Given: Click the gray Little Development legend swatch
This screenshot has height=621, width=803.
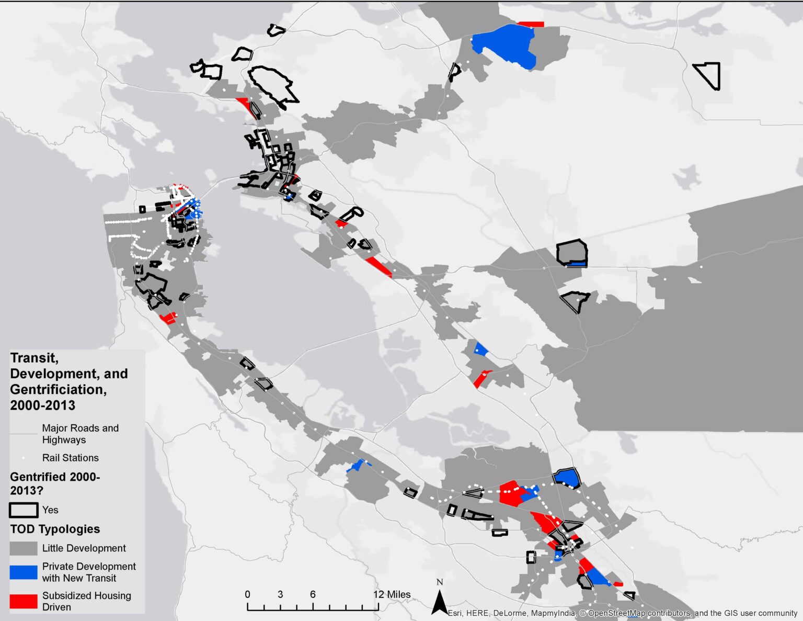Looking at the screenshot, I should click(x=24, y=548).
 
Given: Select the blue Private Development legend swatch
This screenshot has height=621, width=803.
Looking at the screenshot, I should click(x=24, y=572).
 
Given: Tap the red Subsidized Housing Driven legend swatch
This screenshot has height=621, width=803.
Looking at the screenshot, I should click(x=24, y=601).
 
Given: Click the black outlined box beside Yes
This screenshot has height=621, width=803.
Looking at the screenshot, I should click(x=24, y=510).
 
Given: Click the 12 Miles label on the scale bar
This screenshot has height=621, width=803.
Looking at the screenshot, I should click(x=392, y=594).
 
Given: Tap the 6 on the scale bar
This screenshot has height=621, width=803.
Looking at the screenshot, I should click(x=313, y=594).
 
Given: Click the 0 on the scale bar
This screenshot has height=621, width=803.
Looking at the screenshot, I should click(x=247, y=594).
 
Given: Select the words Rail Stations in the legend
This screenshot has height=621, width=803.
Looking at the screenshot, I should click(x=70, y=458).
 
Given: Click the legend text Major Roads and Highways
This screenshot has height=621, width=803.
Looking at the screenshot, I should click(x=80, y=434).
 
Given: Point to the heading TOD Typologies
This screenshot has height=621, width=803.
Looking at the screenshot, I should click(x=55, y=529).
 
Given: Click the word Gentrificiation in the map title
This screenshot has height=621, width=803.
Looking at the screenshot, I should click(x=58, y=389).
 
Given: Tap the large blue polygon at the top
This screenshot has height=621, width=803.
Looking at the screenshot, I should click(x=504, y=45).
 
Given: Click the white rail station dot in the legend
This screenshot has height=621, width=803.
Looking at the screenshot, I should click(x=24, y=458).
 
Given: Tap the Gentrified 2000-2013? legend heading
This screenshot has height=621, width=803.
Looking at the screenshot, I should click(x=54, y=483).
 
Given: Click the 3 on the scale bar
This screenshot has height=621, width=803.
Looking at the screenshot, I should click(x=280, y=594).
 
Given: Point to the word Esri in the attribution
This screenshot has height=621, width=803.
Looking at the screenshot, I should click(x=455, y=613).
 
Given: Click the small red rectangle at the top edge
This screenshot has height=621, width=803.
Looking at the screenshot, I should click(x=531, y=24).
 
